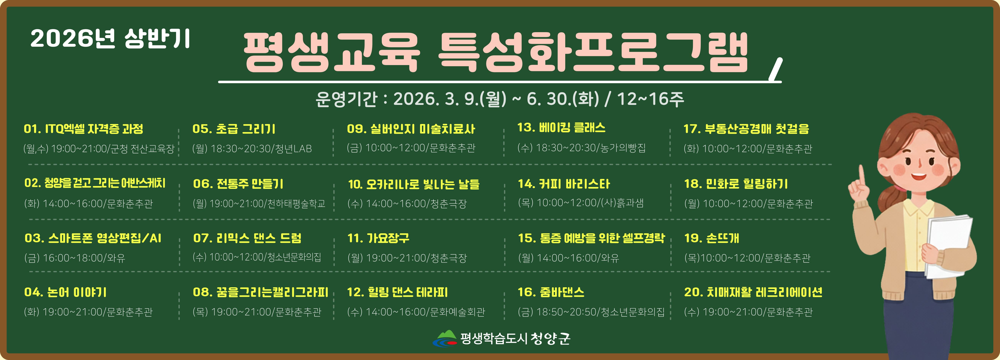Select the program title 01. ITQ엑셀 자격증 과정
tap(83, 129)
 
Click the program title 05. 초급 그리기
tap(234, 129)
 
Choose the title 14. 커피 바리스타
tap(564, 184)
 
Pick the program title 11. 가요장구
tap(378, 238)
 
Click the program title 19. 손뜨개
tap(712, 238)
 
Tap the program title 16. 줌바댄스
tap(551, 292)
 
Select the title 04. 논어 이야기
tap(65, 292)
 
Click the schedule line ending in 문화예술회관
tap(416, 312)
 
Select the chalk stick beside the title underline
tap(776, 70)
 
